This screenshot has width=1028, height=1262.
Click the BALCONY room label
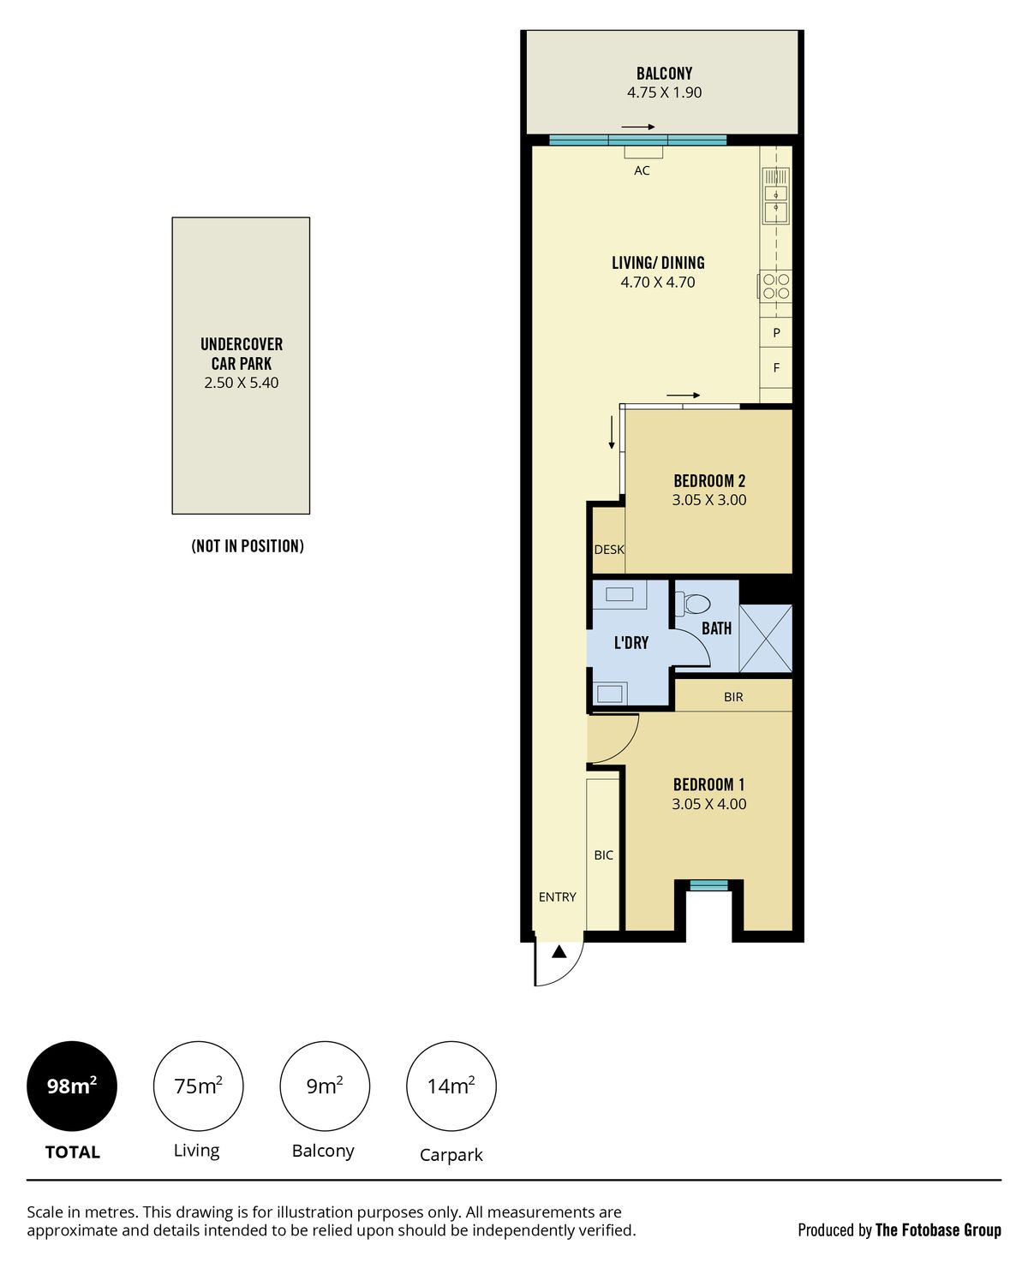664,74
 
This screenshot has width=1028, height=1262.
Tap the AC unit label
642,170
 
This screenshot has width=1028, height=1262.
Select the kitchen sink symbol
775,196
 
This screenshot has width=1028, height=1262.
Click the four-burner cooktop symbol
776,286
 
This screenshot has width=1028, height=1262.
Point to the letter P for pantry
777,333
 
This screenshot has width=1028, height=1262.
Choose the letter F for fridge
777,368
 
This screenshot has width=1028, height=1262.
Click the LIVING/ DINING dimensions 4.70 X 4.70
657,283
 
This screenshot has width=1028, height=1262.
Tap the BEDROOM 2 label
709,480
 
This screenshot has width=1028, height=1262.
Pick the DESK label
609,550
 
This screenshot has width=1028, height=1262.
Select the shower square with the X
765,638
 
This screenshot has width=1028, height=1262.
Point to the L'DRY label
631,643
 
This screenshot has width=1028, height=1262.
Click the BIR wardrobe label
733,698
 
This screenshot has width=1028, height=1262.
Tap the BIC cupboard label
603,855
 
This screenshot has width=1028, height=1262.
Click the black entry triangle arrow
559,953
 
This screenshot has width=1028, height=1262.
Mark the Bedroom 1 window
709,885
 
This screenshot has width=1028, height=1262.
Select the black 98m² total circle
72,1086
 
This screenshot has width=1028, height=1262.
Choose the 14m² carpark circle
451,1086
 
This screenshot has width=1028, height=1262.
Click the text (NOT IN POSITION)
248,545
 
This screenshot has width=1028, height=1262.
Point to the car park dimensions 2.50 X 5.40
242,383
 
